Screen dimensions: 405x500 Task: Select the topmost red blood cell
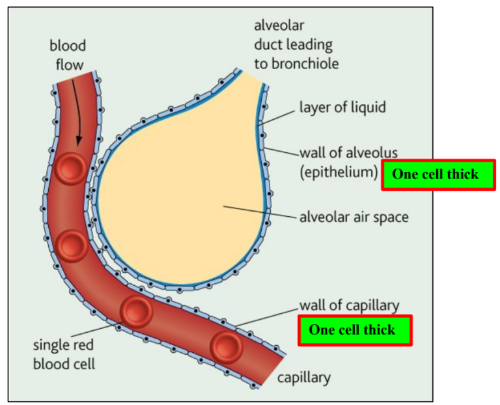pyautogui.click(x=69, y=169)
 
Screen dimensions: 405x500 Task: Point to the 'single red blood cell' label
pyautogui.click(x=64, y=354)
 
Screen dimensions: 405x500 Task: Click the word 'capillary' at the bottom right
pyautogui.click(x=304, y=377)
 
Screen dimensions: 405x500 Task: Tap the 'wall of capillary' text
pyautogui.click(x=349, y=305)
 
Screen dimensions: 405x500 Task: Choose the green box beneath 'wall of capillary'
pyautogui.click(x=355, y=330)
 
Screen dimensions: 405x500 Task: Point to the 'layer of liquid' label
pyautogui.click(x=342, y=106)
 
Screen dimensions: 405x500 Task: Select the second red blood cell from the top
pyautogui.click(x=71, y=246)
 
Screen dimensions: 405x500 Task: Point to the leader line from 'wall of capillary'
pyautogui.click(x=267, y=315)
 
